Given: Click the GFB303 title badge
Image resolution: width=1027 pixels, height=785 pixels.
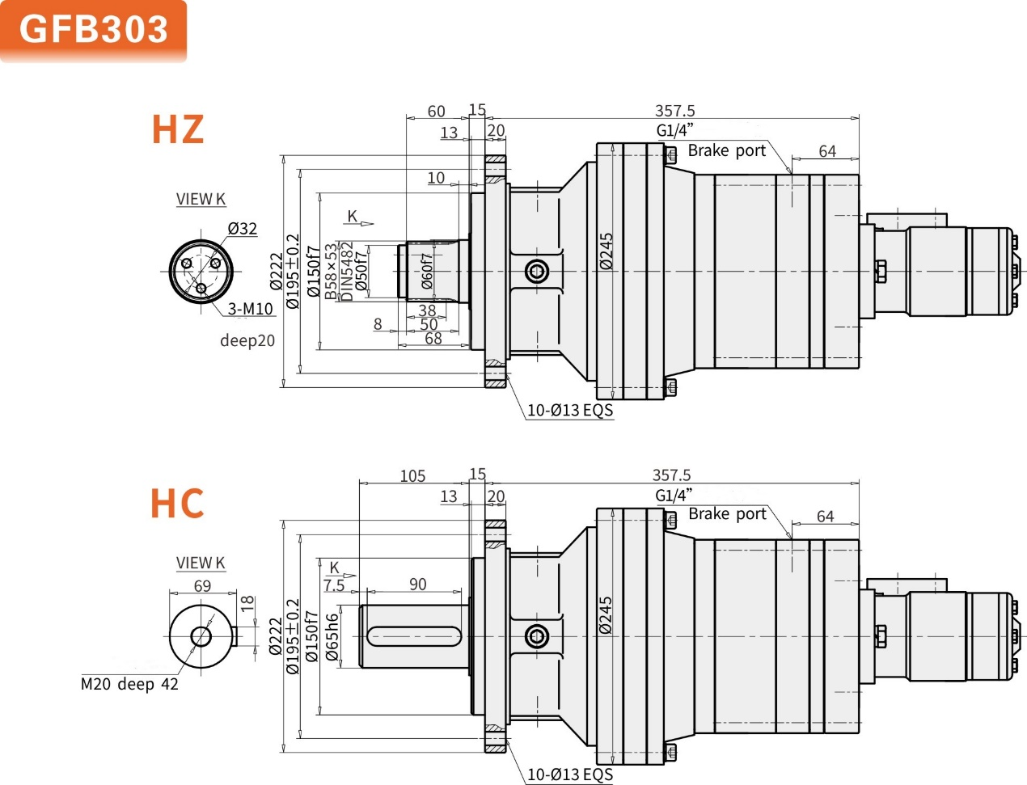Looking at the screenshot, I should coord(93,30).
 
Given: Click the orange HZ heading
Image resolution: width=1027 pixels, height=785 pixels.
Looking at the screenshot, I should coord(178,129).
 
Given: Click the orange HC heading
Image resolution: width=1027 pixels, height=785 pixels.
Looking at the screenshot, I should coord(177,503).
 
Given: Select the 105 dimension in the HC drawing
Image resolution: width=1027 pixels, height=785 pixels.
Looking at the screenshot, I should coord(412,476).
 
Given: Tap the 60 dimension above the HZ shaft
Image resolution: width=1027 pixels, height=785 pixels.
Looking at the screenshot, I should coord(436,111).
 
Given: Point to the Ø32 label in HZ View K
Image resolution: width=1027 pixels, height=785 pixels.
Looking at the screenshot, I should coord(243,229).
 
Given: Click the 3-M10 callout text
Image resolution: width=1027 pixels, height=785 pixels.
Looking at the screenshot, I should coord(250,309).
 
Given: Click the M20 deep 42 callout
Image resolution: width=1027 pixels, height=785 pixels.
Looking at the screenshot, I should coord(129,684).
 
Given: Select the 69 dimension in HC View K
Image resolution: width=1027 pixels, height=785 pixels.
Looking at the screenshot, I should coord(202,585).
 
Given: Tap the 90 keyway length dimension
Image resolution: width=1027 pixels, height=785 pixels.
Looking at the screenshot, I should coord(417,584).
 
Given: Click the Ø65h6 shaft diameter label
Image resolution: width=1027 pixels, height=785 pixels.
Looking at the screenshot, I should coord(332,637).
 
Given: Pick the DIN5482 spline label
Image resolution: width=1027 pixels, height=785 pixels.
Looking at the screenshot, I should coord(346,272).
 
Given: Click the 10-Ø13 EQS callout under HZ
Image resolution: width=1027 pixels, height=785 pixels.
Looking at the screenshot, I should coord(570,410).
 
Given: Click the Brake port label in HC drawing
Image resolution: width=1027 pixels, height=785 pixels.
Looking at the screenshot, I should coord(726,514).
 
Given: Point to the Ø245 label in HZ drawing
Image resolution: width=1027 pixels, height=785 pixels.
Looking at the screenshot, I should coord(606,251).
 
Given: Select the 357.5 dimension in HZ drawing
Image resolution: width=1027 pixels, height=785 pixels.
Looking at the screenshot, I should coord(674,111).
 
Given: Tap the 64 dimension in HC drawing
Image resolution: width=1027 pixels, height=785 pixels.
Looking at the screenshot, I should coord(825,516).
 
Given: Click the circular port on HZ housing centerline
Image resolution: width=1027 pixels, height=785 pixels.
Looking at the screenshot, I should coord(536,271).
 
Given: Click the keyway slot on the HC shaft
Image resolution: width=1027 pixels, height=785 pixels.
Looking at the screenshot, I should coord(414,637).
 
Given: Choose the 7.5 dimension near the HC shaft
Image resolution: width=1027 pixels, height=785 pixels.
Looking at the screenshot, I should coord(333,585).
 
